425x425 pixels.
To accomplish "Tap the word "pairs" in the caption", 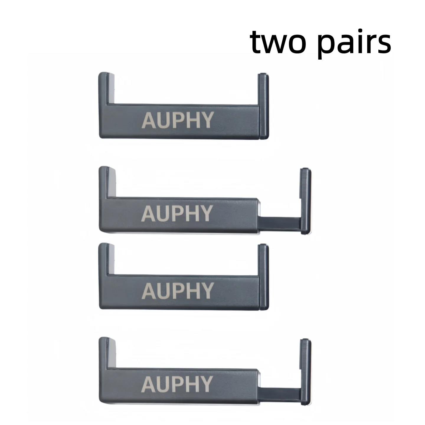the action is [355, 44].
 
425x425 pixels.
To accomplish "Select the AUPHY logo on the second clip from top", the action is [177, 213].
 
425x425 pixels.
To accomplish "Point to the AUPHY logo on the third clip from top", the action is [178, 291].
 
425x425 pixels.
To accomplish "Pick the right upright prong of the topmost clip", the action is [263, 106].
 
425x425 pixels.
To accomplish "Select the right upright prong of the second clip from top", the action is [306, 201].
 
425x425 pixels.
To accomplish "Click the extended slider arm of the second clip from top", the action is [280, 224].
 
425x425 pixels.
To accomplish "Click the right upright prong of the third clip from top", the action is [263, 277].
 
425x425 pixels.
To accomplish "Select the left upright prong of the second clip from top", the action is [107, 182].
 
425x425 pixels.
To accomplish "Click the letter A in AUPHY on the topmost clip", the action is [149, 120].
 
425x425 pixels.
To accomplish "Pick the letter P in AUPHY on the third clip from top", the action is [179, 291].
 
